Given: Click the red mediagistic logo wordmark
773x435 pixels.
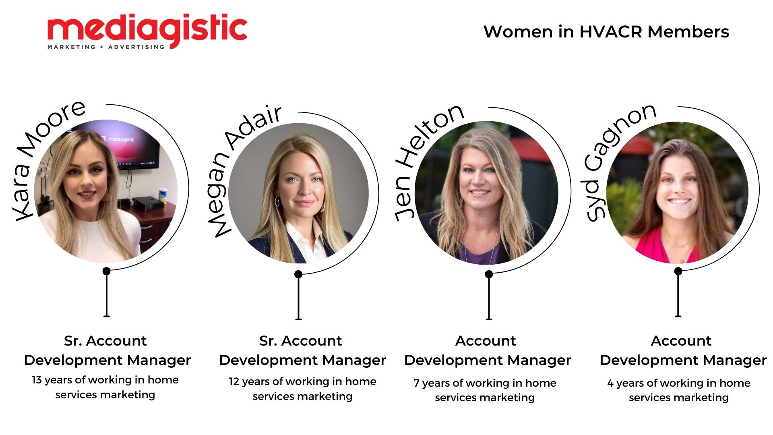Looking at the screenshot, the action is click(147, 29).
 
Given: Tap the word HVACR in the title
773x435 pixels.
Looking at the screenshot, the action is click(610, 32).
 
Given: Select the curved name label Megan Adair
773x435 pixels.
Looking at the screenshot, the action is click(242, 171).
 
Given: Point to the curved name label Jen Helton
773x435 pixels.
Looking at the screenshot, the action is click(427, 161).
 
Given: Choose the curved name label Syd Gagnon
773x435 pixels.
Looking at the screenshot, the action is click(618, 161).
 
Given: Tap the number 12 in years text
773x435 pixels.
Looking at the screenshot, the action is click(234, 381).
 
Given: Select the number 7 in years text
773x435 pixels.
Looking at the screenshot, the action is click(416, 383).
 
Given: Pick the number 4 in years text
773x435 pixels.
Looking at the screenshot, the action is click(610, 383).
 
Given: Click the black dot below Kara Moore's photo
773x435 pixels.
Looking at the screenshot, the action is click(106, 271).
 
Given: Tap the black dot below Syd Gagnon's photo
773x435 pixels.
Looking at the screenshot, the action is click(678, 271).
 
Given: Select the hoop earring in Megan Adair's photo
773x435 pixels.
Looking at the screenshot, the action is click(277, 201).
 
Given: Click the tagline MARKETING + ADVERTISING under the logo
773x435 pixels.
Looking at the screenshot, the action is click(106, 47).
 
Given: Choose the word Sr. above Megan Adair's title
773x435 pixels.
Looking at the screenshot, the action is click(268, 341).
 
